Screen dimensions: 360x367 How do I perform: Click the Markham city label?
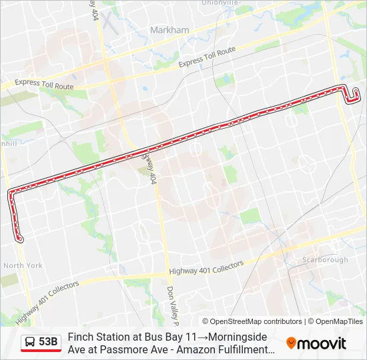point(169,30)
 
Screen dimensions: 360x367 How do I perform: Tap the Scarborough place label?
point(326,259)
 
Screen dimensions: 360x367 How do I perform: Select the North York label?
point(23,265)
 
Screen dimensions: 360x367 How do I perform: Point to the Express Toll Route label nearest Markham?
point(207,57)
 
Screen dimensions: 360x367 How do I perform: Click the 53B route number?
point(48,342)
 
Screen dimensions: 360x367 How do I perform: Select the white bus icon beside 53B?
point(30,342)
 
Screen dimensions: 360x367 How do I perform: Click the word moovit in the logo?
point(322,343)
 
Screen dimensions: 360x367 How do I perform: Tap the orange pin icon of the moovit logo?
point(291,343)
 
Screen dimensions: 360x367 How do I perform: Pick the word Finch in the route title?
point(80,337)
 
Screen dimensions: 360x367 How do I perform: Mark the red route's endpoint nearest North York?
point(20,239)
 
